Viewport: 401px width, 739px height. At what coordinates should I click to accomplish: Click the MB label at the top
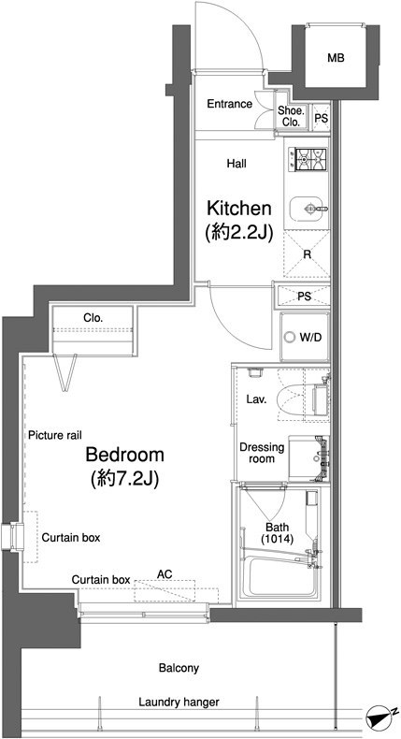336,58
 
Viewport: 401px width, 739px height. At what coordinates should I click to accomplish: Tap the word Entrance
230,104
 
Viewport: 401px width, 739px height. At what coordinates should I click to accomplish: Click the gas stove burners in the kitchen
310,159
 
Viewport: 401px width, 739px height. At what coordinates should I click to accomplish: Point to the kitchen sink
308,209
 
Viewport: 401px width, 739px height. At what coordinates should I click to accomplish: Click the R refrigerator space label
308,254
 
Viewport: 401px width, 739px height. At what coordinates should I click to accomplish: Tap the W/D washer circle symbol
289,337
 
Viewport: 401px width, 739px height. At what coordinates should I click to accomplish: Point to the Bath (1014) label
277,532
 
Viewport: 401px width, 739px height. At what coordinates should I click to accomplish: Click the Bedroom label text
124,455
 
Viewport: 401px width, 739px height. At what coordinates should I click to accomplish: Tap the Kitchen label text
239,208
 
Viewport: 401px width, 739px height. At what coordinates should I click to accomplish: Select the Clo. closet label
93,318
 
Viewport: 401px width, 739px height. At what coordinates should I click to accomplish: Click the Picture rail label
55,435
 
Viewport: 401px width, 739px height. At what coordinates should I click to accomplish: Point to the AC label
165,574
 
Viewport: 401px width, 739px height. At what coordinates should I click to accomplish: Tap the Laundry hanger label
179,703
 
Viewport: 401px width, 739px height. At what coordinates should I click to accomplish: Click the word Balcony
179,668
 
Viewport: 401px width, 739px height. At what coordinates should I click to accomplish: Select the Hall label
236,164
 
